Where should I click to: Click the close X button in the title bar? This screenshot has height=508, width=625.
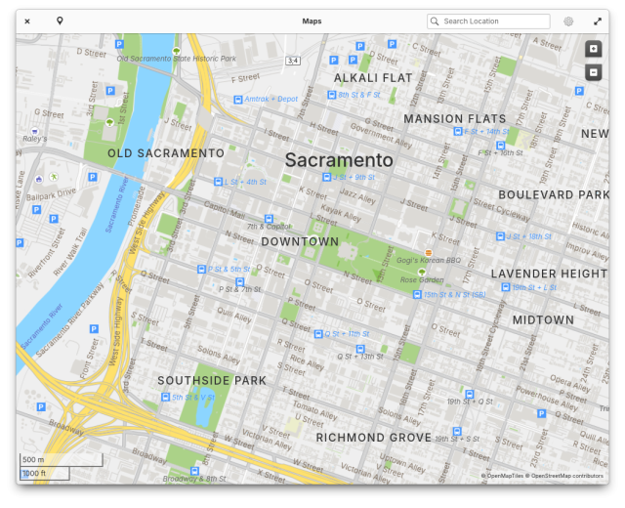click(x=27, y=21)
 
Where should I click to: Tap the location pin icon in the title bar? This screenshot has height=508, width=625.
click(x=60, y=21)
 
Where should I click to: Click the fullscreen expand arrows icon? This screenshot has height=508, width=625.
click(x=598, y=21)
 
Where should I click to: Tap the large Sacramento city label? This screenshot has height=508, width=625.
click(x=339, y=160)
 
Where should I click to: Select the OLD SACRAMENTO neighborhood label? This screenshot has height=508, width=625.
click(x=166, y=153)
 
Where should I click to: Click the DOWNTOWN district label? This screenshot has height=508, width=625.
click(x=300, y=241)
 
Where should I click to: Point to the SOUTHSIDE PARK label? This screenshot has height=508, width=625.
click(x=212, y=380)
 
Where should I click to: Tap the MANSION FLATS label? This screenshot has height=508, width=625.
click(x=455, y=119)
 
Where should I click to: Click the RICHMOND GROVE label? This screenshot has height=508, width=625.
click(x=373, y=438)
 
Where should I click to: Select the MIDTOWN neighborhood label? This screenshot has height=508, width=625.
click(x=543, y=319)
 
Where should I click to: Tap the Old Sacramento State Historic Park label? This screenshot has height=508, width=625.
click(x=177, y=59)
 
